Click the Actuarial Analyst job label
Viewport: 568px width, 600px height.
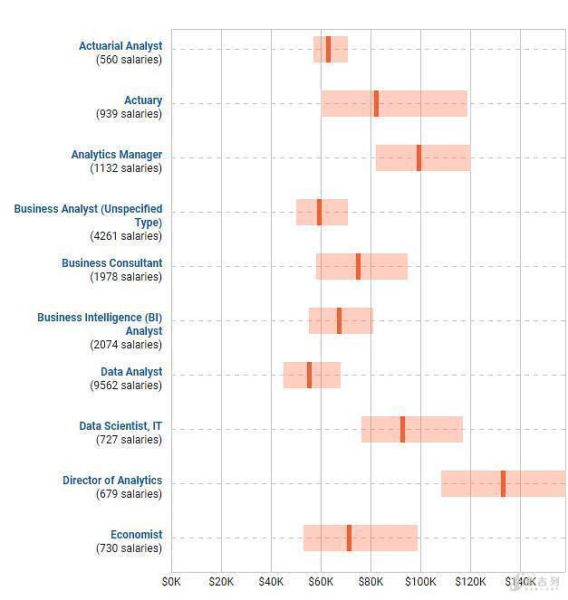(120, 46)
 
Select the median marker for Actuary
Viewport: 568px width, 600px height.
(376, 103)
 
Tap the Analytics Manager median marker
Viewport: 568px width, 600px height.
(419, 157)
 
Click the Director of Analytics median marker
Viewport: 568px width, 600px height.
(503, 483)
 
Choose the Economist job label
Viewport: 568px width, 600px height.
(136, 535)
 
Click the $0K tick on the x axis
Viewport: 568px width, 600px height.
(171, 580)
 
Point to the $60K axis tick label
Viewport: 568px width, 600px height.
(321, 580)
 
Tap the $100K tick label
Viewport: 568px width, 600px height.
(420, 580)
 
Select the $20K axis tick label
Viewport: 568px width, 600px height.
(221, 580)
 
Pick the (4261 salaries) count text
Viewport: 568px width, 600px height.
(126, 236)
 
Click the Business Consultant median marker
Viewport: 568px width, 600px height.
(358, 266)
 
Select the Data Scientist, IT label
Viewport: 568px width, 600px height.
(120, 426)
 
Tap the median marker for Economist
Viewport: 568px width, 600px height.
(349, 538)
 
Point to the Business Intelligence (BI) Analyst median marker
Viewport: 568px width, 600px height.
(339, 320)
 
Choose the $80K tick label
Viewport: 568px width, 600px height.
(371, 580)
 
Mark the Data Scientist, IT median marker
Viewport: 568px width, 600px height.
(402, 429)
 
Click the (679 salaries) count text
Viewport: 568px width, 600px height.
(129, 494)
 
